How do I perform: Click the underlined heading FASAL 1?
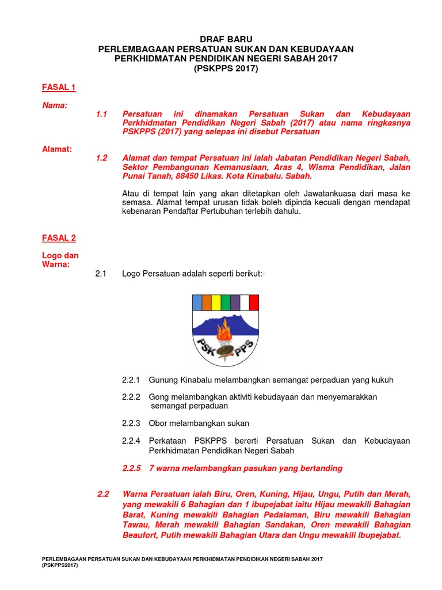[x=59, y=88]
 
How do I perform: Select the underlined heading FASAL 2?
[x=59, y=237]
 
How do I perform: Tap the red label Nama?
[x=55, y=105]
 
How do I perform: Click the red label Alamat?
[x=57, y=149]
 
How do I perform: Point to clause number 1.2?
[x=102, y=158]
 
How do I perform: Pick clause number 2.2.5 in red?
[x=131, y=468]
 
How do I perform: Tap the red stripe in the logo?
[x=254, y=302]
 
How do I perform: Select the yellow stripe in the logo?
[x=216, y=302]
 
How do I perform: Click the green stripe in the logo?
[x=225, y=302]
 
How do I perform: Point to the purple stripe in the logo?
[x=235, y=302]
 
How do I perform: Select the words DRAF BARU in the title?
[x=226, y=39]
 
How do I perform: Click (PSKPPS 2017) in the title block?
[x=226, y=69]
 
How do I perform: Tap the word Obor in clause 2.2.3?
[x=159, y=423]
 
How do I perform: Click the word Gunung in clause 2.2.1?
[x=163, y=380]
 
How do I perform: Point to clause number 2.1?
[x=101, y=274]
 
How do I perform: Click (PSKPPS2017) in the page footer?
[x=59, y=566]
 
